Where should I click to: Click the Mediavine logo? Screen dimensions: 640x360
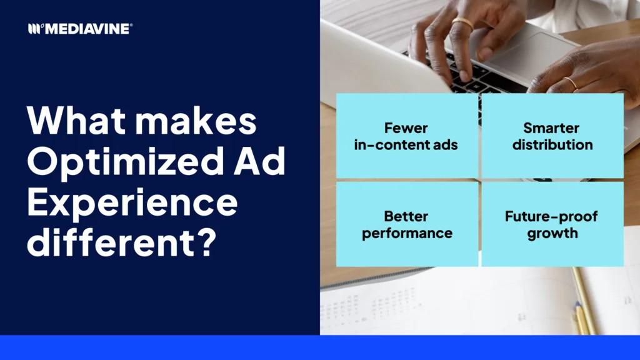[x=81, y=29]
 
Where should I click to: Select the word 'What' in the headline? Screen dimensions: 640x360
[x=76, y=120]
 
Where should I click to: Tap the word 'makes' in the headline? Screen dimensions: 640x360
[x=196, y=120]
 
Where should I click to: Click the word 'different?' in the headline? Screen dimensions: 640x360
[x=122, y=242]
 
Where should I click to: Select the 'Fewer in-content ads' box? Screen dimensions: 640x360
[x=407, y=136]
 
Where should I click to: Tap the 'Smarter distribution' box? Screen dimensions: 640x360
[x=552, y=136]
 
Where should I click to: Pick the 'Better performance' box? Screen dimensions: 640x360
[x=407, y=224]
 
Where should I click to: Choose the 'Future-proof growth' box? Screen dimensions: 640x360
[x=552, y=224]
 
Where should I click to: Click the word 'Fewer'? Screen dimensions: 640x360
[x=406, y=128]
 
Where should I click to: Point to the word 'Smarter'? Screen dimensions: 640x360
[x=551, y=128]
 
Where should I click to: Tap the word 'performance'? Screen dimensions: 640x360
[x=407, y=234]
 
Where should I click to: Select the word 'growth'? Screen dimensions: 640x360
[x=552, y=234]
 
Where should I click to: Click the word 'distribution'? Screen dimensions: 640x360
[x=552, y=144]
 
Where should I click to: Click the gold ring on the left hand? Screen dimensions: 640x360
[x=463, y=24]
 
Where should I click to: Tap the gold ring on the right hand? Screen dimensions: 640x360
[x=570, y=83]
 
